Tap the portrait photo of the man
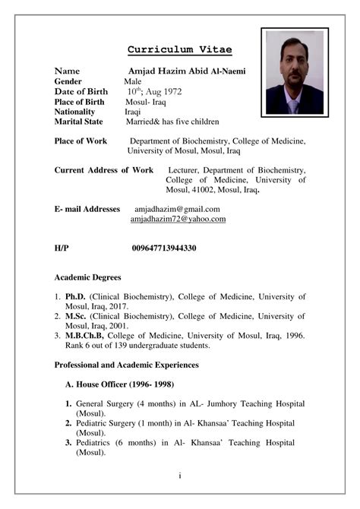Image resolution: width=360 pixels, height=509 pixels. click(292, 71)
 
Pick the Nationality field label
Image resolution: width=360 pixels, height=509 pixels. click(79, 111)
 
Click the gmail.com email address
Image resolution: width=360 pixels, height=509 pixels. click(177, 208)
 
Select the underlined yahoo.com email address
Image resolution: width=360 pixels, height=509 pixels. click(178, 219)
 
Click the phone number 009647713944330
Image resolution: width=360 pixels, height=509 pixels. click(164, 248)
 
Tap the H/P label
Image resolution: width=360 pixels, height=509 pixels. click(62, 248)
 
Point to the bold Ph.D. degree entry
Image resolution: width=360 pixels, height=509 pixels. click(74, 296)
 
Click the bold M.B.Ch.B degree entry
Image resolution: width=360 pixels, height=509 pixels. click(84, 334)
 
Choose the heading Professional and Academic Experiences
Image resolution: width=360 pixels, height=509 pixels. click(126, 365)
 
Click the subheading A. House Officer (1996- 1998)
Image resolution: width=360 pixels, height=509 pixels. click(124, 384)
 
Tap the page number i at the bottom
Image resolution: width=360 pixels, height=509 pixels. click(180, 477)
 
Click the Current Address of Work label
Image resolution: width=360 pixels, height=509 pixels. click(104, 170)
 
